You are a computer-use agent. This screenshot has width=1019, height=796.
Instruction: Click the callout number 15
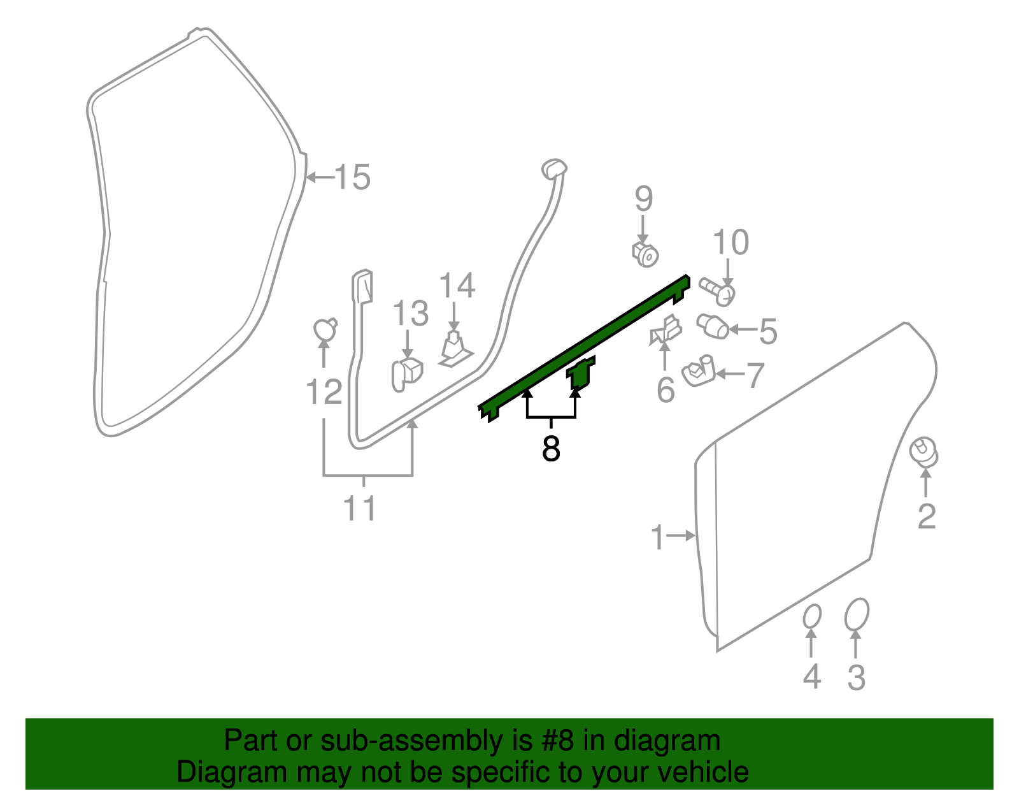coord(352,177)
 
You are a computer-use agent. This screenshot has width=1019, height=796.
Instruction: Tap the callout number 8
coord(551,448)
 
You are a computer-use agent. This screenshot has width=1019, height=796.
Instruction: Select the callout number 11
coord(360,508)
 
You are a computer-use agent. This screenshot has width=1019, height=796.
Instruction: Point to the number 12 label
coord(324,392)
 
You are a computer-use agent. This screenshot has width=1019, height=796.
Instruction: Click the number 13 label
coord(410,313)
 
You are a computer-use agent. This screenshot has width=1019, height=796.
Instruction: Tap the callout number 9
coord(643,198)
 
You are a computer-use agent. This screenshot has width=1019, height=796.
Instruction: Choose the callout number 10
coord(730,242)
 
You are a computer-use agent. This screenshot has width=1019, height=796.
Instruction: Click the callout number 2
coord(927,516)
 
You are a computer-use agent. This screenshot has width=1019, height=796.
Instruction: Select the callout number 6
coord(666,389)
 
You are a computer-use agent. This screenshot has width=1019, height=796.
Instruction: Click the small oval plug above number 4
coord(812,616)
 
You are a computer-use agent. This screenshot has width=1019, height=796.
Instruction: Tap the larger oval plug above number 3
coord(857,614)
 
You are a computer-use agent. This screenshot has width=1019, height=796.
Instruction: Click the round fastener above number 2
coord(923,452)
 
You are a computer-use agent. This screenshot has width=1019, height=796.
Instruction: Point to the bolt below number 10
coord(717,292)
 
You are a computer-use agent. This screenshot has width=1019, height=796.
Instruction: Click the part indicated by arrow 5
coord(712,326)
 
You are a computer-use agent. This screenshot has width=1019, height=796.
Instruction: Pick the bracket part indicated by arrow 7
coord(698,371)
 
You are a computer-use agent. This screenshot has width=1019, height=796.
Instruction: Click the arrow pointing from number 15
coord(320,177)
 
